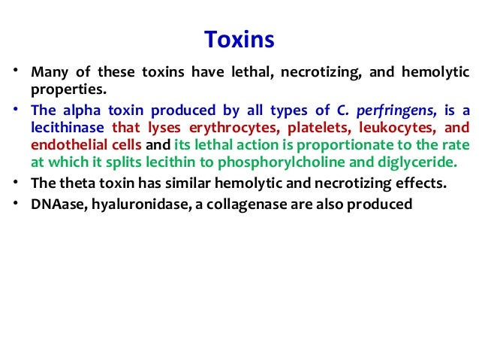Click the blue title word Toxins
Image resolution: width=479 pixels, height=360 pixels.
pyautogui.click(x=239, y=38)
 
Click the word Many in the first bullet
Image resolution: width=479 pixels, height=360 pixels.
pyautogui.click(x=48, y=73)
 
